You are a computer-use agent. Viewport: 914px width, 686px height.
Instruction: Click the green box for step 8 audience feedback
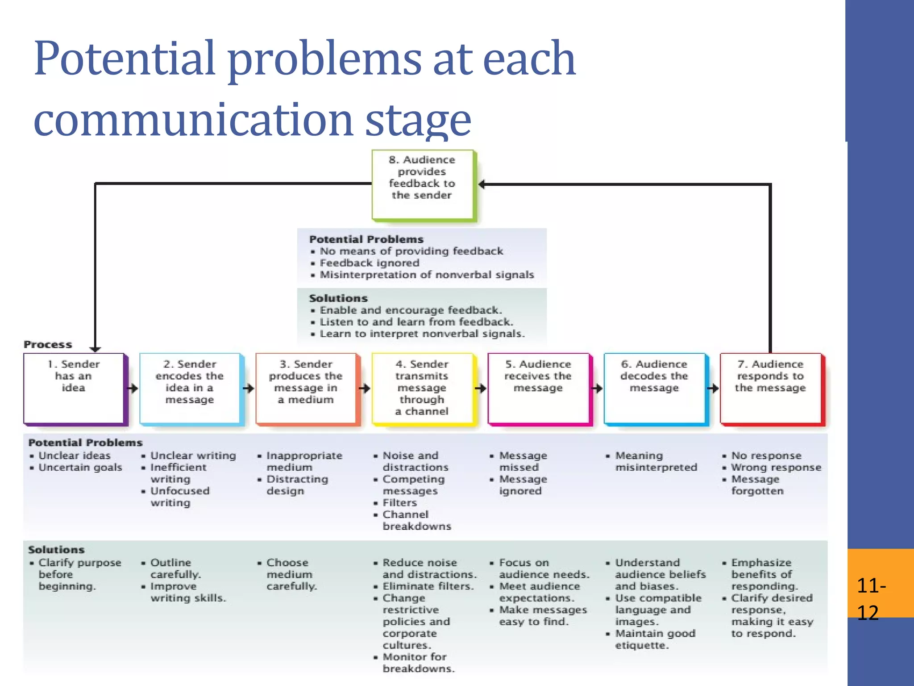422,184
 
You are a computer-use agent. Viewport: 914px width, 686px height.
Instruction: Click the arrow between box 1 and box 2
133,388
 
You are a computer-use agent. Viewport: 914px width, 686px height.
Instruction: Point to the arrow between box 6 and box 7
713,388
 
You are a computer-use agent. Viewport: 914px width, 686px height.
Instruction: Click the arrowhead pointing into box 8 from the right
482,184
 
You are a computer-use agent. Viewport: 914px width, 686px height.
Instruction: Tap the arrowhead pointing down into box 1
95,349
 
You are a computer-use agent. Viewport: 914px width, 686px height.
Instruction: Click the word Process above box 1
48,344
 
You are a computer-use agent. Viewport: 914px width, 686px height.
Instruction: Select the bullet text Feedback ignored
370,263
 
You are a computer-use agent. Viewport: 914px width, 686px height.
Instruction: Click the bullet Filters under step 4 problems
399,502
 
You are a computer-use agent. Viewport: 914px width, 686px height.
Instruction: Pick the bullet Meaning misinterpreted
655,461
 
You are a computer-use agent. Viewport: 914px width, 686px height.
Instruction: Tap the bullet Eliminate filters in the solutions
428,586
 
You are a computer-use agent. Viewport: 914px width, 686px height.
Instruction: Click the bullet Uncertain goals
80,467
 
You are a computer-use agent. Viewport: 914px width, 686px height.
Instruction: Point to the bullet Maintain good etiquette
654,639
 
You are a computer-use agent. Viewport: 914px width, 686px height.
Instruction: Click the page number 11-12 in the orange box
871,598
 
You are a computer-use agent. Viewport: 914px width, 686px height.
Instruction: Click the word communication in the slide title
194,120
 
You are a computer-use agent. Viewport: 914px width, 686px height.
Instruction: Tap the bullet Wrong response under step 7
776,467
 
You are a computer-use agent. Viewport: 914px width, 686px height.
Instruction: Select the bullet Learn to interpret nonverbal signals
422,334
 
